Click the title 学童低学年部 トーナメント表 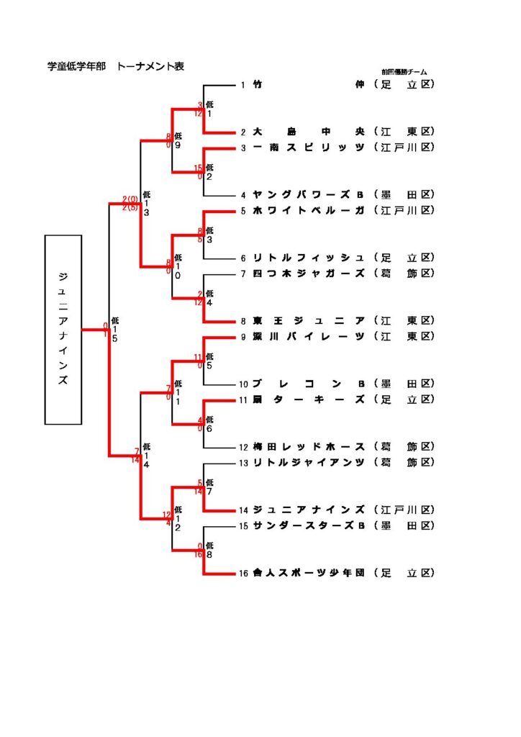116,66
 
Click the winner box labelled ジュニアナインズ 63,329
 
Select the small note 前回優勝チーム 404,72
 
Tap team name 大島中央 309,132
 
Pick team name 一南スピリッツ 309,148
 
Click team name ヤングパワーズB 309,194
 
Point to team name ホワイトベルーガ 309,210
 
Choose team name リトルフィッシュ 309,258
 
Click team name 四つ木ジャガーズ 309,273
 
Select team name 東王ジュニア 309,320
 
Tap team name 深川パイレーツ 309,336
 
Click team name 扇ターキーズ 309,399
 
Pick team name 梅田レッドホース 309,446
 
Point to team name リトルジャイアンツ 309,462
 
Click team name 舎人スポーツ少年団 309,574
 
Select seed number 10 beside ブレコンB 244,384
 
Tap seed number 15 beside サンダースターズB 244,526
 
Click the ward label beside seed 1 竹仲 405,85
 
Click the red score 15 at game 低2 199,168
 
